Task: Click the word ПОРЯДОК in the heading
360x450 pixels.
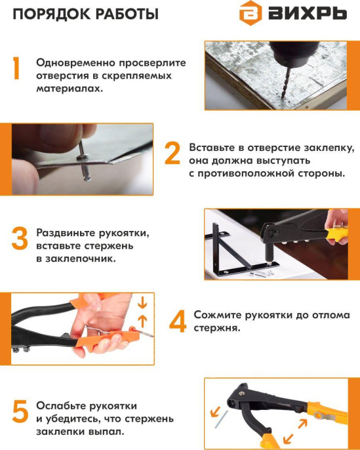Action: pyautogui.click(x=43, y=14)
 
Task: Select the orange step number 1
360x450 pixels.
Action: pyautogui.click(x=18, y=69)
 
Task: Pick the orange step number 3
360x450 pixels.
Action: pyautogui.click(x=19, y=238)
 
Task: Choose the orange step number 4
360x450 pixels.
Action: pyautogui.click(x=177, y=321)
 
